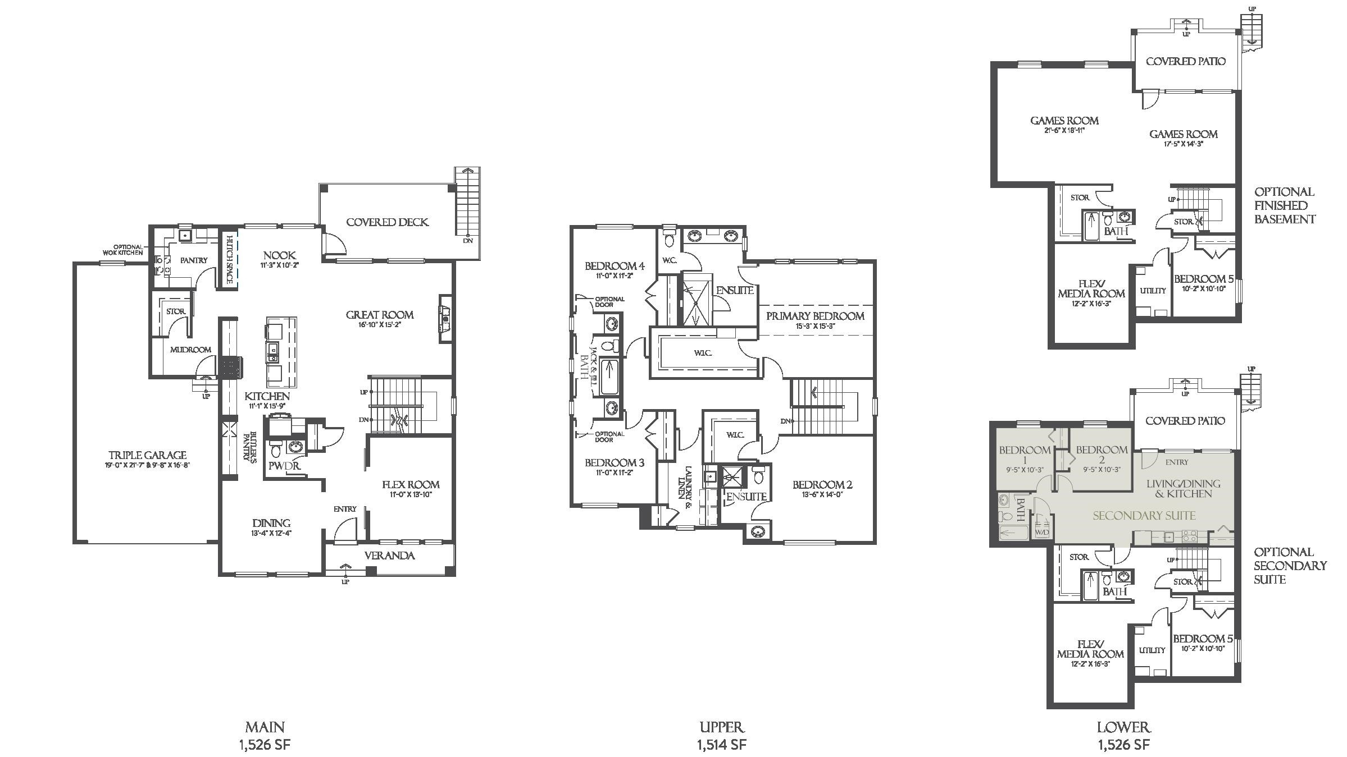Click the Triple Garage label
(147, 455)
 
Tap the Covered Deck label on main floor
(387, 222)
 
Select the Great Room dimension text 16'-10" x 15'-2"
(380, 324)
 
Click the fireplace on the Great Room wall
(445, 319)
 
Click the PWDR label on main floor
(284, 466)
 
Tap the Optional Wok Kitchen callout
(123, 250)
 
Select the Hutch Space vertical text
(229, 259)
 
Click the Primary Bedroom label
(815, 316)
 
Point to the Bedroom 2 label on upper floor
(822, 485)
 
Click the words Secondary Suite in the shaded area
(1144, 516)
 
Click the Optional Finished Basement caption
(1284, 205)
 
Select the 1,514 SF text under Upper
(721, 745)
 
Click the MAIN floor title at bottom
(265, 727)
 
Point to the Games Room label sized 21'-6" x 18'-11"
(1064, 121)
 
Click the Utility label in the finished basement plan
(1153, 291)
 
